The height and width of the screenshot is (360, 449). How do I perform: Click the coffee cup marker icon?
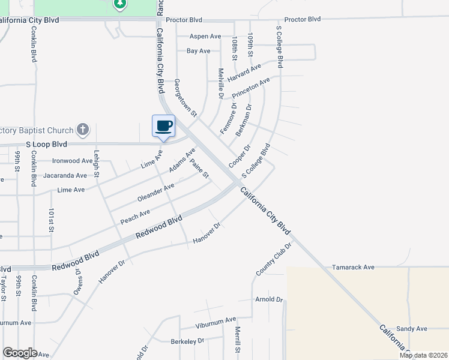[163, 126]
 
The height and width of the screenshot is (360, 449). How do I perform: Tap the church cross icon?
[83, 129]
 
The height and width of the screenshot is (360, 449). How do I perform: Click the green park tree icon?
[120, 4]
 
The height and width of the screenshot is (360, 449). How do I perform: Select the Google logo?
[20, 353]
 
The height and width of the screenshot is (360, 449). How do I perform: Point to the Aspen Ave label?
[205, 37]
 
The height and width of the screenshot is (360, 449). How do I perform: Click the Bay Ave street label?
[198, 51]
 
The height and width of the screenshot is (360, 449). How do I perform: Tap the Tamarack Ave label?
[353, 267]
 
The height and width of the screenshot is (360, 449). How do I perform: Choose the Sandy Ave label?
[411, 328]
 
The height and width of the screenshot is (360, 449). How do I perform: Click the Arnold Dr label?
[268, 299]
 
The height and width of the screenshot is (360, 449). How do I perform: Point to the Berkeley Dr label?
[187, 340]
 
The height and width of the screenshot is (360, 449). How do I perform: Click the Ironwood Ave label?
[72, 161]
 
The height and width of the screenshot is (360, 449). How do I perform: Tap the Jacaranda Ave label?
[70, 176]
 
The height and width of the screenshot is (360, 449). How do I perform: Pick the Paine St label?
[199, 169]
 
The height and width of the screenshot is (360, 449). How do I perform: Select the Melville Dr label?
[221, 83]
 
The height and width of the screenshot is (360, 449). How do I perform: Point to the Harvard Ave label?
[244, 74]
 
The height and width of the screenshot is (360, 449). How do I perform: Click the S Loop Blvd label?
[47, 145]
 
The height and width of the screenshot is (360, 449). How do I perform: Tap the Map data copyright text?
[423, 355]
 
